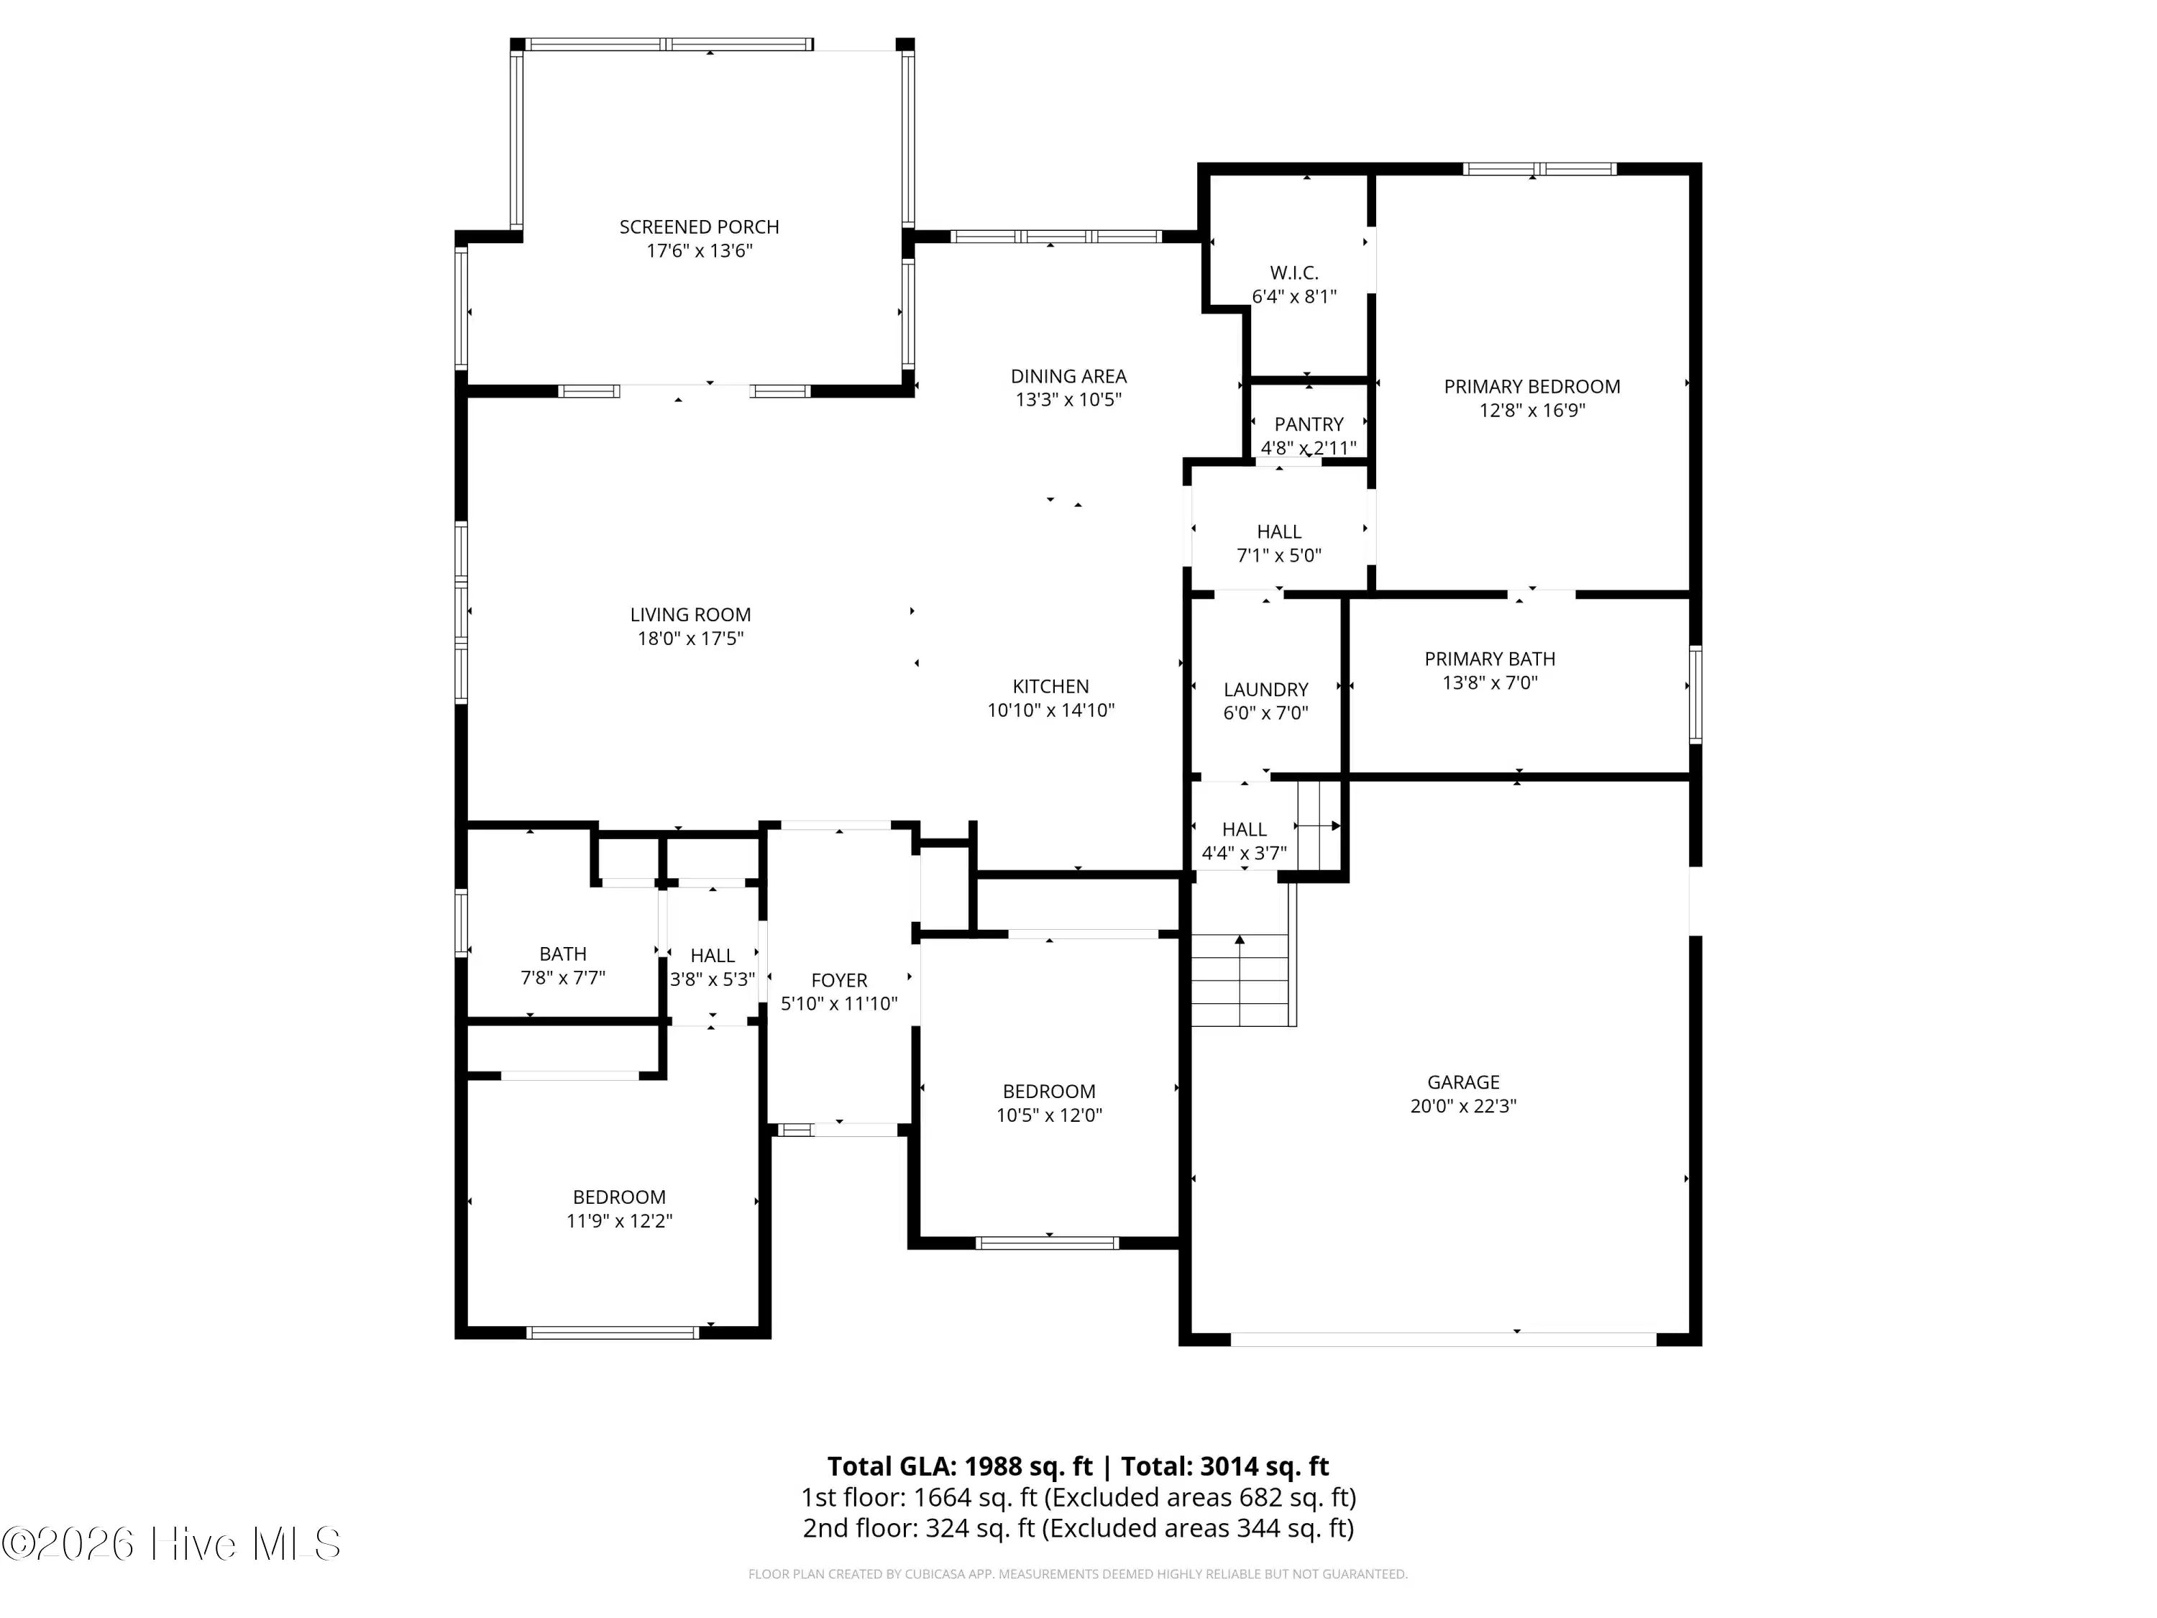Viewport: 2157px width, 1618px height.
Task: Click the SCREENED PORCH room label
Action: pos(699,227)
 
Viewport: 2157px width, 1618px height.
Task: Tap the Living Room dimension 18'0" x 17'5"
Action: pos(690,639)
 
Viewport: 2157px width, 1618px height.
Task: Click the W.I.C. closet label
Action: pos(1294,273)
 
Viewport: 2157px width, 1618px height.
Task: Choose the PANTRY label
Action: pos(1309,424)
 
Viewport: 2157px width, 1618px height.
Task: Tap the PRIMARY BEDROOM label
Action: pos(1532,387)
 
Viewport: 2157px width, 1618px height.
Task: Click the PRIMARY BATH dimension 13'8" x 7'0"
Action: pos(1490,682)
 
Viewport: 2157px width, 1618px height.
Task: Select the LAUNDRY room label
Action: pos(1265,690)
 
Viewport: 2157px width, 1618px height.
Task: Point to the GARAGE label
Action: pos(1462,1082)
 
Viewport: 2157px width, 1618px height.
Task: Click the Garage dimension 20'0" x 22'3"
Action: pos(1462,1106)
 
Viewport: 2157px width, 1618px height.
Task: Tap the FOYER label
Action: pos(838,980)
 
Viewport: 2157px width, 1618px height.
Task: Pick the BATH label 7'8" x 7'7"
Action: pos(563,954)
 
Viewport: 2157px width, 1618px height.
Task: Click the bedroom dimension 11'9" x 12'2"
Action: pos(619,1221)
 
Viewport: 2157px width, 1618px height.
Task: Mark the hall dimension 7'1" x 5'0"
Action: pos(1278,556)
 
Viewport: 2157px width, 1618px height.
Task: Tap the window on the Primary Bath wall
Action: pos(1695,695)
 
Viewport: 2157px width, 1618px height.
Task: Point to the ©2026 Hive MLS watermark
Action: pos(172,1544)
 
